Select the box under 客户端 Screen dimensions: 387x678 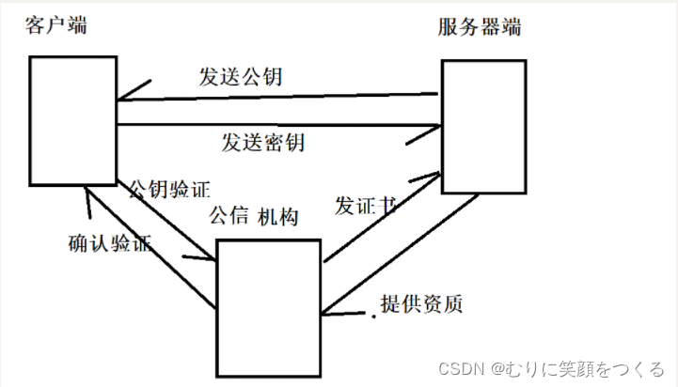pyautogui.click(x=71, y=120)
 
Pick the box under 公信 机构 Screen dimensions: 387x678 pyautogui.click(x=269, y=307)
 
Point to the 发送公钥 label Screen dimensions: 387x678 pyautogui.click(x=241, y=78)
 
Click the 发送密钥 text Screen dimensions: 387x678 pyautogui.click(x=263, y=143)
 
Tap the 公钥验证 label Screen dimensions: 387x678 pyautogui.click(x=168, y=190)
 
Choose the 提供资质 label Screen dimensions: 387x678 pyautogui.click(x=421, y=303)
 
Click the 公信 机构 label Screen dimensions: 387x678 pyautogui.click(x=254, y=217)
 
